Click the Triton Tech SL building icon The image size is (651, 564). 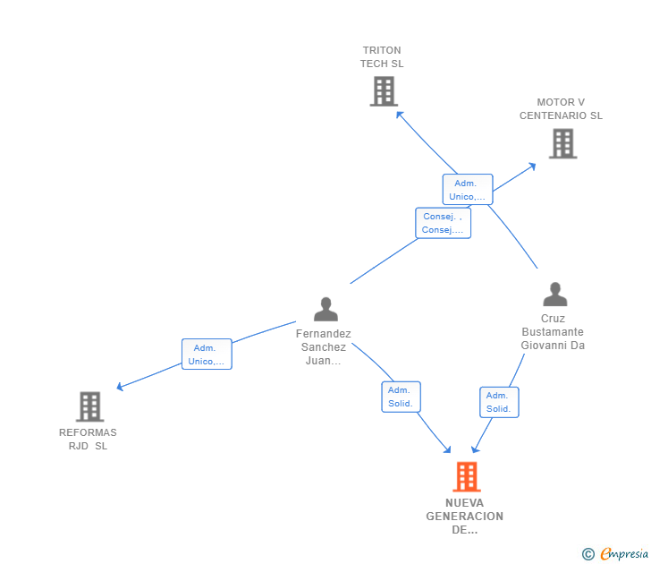click(x=383, y=91)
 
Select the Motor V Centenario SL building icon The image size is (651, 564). click(x=562, y=143)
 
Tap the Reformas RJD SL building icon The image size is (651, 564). click(x=89, y=406)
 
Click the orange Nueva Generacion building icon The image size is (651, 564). click(x=466, y=477)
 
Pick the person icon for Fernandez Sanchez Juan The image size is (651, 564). click(x=325, y=309)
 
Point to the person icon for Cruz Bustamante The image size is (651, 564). click(x=554, y=294)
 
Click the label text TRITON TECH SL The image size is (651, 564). click(x=382, y=57)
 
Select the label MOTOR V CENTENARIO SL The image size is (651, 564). click(x=561, y=109)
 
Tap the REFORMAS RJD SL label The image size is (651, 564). click(x=88, y=440)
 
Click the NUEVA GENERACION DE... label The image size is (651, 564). click(x=464, y=517)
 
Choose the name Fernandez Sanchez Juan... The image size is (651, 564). click(x=324, y=347)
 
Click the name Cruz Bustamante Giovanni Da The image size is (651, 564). click(x=553, y=332)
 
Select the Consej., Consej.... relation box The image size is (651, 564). click(x=443, y=223)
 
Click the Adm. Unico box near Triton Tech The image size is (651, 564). click(x=468, y=190)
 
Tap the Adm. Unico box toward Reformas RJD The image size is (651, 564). click(x=207, y=355)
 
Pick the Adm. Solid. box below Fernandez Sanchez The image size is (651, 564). click(x=401, y=397)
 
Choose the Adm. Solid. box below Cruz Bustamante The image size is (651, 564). click(x=498, y=402)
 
